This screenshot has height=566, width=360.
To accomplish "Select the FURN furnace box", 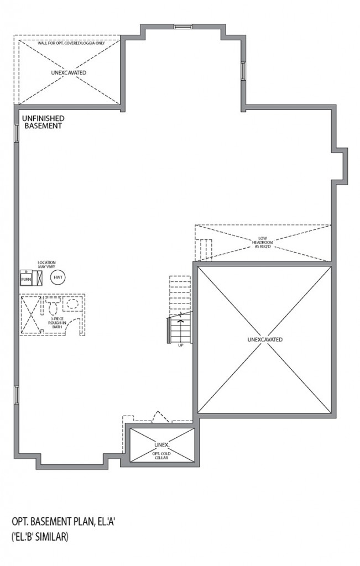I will click(26, 279).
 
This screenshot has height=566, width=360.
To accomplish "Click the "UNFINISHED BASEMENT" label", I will click(43, 122).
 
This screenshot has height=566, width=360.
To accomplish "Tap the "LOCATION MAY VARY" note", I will click(46, 265).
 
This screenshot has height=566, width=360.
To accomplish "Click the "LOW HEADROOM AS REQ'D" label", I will click(263, 243).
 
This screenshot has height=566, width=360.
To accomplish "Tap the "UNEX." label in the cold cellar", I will click(161, 444).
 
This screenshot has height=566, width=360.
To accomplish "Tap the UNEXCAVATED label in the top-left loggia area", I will click(69, 72).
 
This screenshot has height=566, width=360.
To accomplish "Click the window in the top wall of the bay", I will click(182, 26).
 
